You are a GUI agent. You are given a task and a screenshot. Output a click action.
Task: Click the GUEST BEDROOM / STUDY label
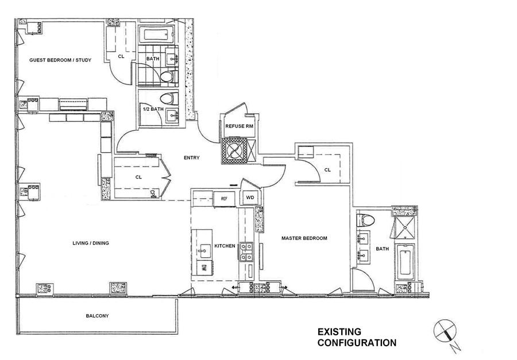tap(60, 60)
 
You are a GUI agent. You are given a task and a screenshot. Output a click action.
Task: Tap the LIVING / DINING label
tap(91, 243)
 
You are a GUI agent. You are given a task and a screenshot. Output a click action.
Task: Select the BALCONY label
tap(97, 316)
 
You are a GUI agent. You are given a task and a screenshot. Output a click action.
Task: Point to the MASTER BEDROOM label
tap(304, 238)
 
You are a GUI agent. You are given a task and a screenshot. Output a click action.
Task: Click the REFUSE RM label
tap(240, 126)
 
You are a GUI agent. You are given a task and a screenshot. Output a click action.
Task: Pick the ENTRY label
tap(191, 157)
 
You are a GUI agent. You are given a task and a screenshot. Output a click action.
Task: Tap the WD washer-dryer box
tap(250, 198)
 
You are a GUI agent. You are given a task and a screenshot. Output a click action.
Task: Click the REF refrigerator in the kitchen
tap(224, 199)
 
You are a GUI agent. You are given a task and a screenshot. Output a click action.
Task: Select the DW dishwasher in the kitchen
tap(204, 267)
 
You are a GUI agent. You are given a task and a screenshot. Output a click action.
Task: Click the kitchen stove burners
tap(246, 252)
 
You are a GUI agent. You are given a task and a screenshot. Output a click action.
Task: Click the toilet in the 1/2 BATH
tap(168, 99)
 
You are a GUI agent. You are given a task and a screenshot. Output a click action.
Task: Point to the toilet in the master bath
tap(365, 220)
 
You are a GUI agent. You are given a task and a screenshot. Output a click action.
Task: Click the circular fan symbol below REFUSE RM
tap(234, 150)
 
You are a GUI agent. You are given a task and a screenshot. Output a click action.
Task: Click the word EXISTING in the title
tap(339, 332)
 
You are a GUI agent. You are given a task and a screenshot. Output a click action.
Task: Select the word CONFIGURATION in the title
tap(357, 343)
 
